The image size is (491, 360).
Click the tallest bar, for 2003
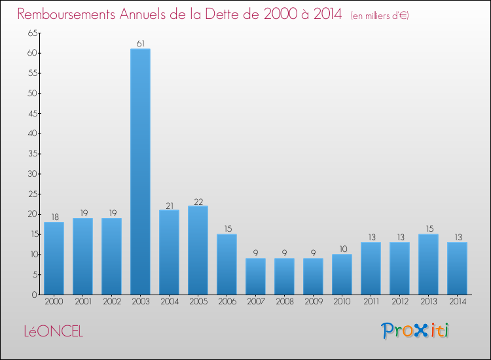click(140, 171)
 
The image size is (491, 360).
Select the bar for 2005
click(198, 250)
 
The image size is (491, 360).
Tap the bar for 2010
click(342, 274)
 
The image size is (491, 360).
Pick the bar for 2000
click(54, 258)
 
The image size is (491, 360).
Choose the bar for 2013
click(428, 264)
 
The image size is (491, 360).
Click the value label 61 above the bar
click(140, 44)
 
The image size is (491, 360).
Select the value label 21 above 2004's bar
click(169, 205)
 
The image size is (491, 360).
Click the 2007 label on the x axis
click(255, 302)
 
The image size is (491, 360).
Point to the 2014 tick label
click(457, 302)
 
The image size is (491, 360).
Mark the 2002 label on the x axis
click(111, 302)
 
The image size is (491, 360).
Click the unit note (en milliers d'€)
click(380, 16)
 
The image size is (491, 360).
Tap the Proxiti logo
click(415, 331)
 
